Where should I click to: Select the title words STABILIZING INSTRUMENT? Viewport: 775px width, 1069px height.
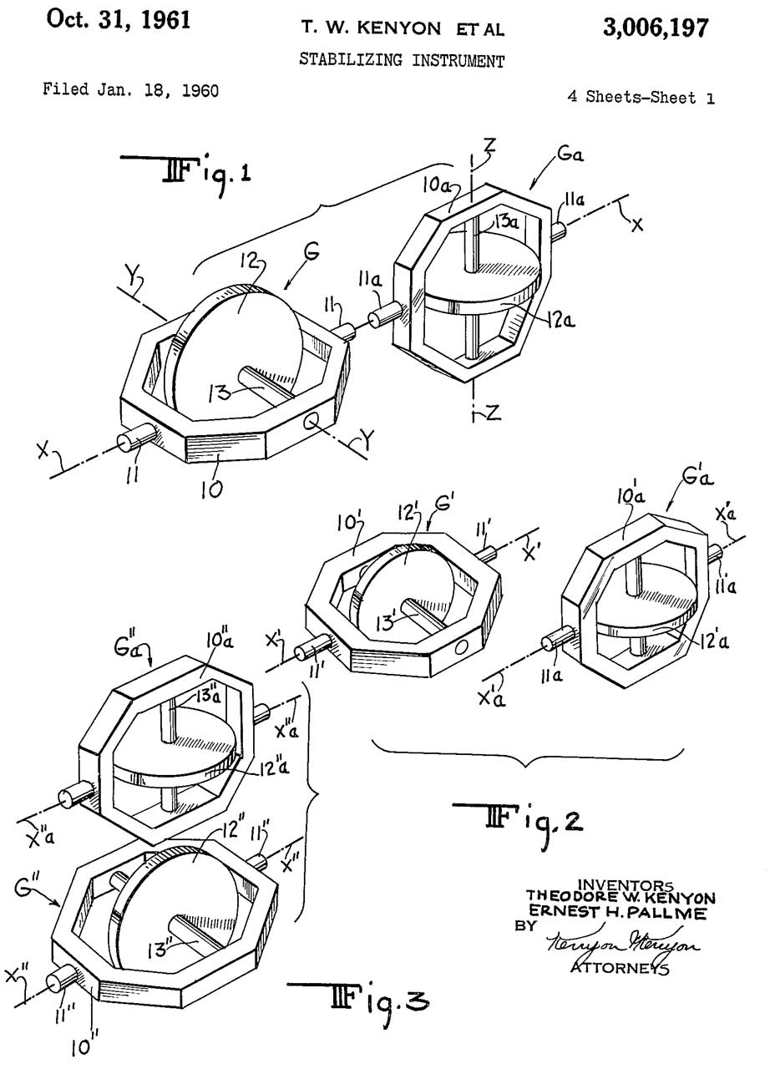[x=402, y=60]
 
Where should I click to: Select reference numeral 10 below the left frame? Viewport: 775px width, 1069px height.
[x=212, y=489]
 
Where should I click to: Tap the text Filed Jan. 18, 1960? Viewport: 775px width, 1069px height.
[x=130, y=89]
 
